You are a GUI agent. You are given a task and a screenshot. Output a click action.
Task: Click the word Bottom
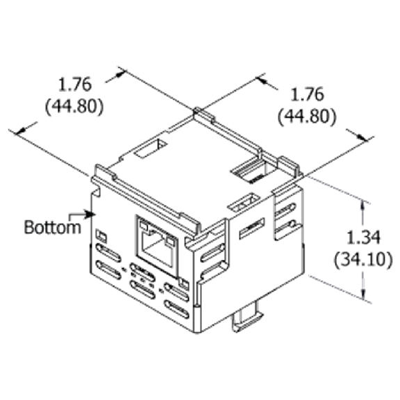pyautogui.click(x=53, y=227)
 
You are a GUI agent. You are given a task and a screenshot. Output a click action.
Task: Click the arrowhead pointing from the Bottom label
pyautogui.click(x=90, y=214)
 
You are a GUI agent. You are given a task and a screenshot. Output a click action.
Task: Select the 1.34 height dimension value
pyautogui.click(x=363, y=237)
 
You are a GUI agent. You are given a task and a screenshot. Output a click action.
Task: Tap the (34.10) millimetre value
pyautogui.click(x=363, y=259)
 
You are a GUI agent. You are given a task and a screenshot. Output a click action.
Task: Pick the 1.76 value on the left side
pyautogui.click(x=74, y=85)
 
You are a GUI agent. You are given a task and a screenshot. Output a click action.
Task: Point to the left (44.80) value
pyautogui.click(x=74, y=106)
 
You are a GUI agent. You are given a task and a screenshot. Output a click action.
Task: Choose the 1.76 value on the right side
pyautogui.click(x=307, y=94)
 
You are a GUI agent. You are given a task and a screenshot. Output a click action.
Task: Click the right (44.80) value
pyautogui.click(x=307, y=116)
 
